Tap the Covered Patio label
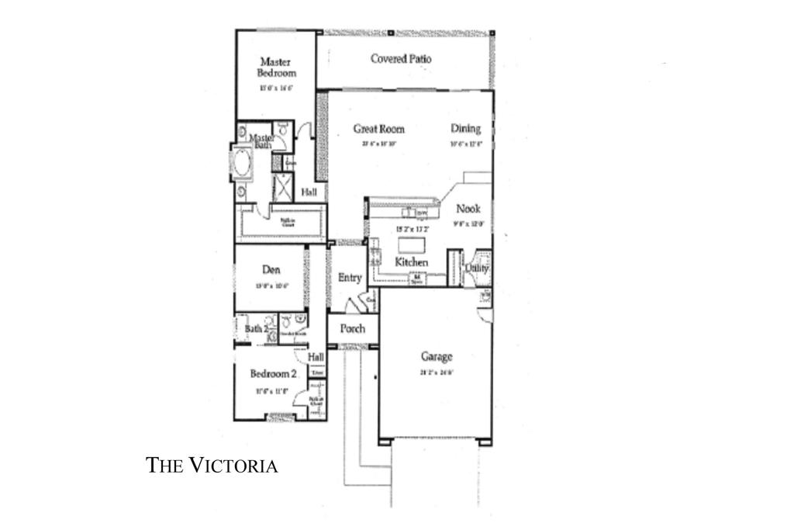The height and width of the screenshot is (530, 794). [x=401, y=59]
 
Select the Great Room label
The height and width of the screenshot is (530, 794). [x=379, y=129]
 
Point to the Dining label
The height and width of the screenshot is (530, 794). [x=466, y=129]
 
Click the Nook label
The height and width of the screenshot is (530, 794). [x=468, y=208]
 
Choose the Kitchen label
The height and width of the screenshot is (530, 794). [x=412, y=262]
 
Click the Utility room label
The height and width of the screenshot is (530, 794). [x=475, y=268]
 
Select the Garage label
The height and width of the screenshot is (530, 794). [x=437, y=357]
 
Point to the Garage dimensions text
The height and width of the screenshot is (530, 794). [x=437, y=371]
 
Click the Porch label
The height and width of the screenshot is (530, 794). [x=353, y=328]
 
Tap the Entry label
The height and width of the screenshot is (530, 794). [x=350, y=277]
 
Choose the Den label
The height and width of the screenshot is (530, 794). [x=271, y=270]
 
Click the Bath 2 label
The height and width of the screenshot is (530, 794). [x=256, y=329]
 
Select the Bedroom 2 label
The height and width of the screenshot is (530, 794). [x=273, y=374]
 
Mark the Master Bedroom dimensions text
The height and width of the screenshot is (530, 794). [x=276, y=88]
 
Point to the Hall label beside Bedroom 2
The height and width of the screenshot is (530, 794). [x=316, y=357]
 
